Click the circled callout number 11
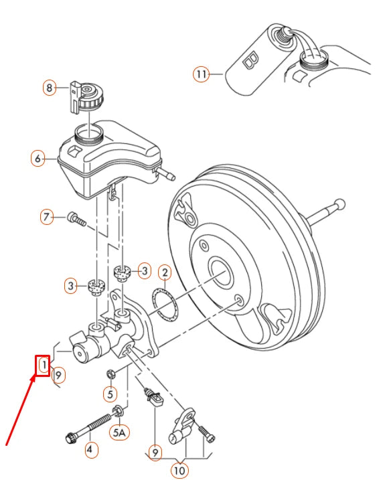pyautogui.click(x=202, y=74)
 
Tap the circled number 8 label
pyautogui.click(x=50, y=87)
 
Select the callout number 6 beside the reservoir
pyautogui.click(x=38, y=159)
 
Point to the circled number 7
pyautogui.click(x=46, y=217)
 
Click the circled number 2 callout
pyautogui.click(x=165, y=272)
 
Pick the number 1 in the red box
pyautogui.click(x=43, y=366)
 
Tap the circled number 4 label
pyautogui.click(x=89, y=450)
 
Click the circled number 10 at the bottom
pyautogui.click(x=179, y=471)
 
